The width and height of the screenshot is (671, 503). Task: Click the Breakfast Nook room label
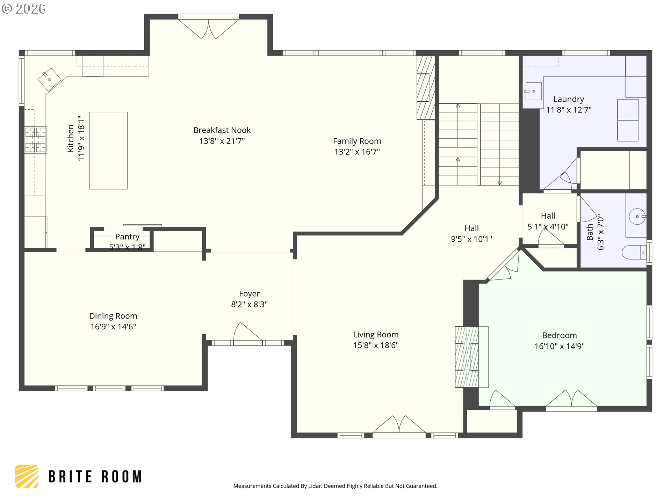(x=222, y=130)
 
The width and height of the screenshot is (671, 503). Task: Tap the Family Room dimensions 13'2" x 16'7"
(x=357, y=152)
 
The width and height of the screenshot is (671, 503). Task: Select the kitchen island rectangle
(x=108, y=151)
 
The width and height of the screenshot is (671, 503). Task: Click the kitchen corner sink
(x=49, y=79)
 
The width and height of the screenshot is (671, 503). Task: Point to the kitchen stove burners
(x=36, y=140)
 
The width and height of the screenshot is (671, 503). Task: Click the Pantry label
(x=127, y=236)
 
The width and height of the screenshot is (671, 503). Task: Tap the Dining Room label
(x=113, y=316)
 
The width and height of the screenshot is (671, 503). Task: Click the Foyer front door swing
(x=247, y=332)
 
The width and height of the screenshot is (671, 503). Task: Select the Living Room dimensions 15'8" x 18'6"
(x=376, y=345)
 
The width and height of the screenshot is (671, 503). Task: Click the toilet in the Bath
(x=634, y=252)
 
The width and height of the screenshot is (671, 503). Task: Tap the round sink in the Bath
(x=637, y=217)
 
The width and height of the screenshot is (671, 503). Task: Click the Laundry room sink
(x=533, y=91)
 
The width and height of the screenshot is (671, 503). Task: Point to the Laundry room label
(x=569, y=99)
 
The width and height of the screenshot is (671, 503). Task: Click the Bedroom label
(x=560, y=335)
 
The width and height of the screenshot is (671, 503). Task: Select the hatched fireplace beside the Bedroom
(x=471, y=357)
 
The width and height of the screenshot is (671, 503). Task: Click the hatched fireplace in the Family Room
(x=426, y=88)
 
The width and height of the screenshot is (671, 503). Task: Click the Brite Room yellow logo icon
(x=27, y=476)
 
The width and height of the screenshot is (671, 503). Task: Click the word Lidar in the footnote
(x=315, y=486)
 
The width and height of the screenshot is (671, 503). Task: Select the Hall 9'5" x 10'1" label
(x=471, y=234)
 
